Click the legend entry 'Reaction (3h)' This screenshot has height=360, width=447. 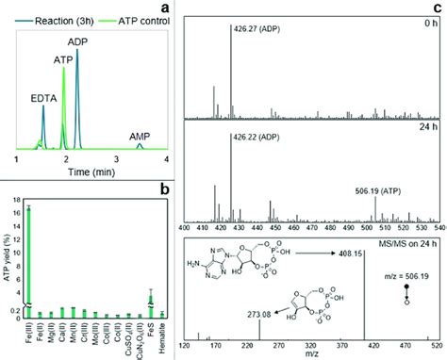[x=58, y=8]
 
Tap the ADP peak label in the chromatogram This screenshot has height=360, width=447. [x=78, y=41]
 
